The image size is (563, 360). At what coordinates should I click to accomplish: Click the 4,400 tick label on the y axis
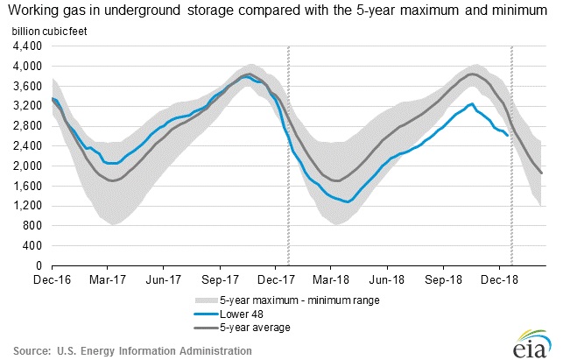(28, 46)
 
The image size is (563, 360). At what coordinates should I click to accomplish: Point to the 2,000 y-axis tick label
(28, 166)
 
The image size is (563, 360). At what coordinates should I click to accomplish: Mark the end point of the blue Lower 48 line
(507, 134)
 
